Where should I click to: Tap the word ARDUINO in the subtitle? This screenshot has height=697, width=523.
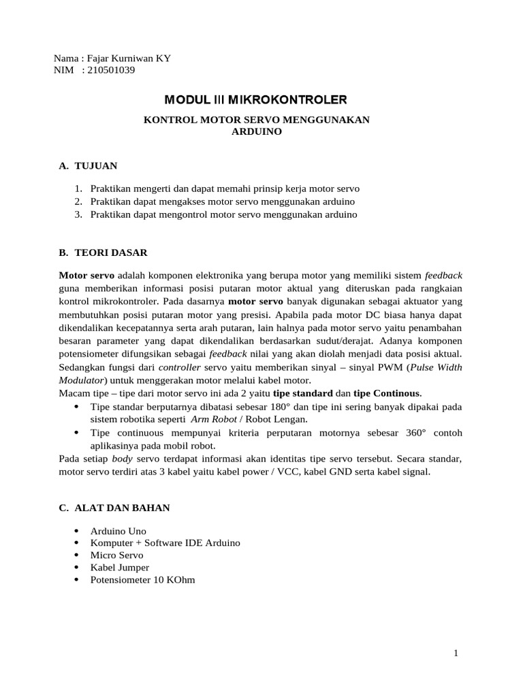pos(256,131)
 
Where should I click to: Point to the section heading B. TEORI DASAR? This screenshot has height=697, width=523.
pos(102,253)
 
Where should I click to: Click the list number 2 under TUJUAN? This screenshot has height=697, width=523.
pos(78,201)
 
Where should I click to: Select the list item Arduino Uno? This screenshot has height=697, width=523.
pos(118,531)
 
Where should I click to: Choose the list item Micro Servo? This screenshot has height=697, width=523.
pos(116,555)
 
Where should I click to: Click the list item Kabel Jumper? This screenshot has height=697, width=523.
pos(119,567)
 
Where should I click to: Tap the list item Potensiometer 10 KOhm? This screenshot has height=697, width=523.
pos(143,580)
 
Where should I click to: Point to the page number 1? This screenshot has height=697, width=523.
pos(456,654)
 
